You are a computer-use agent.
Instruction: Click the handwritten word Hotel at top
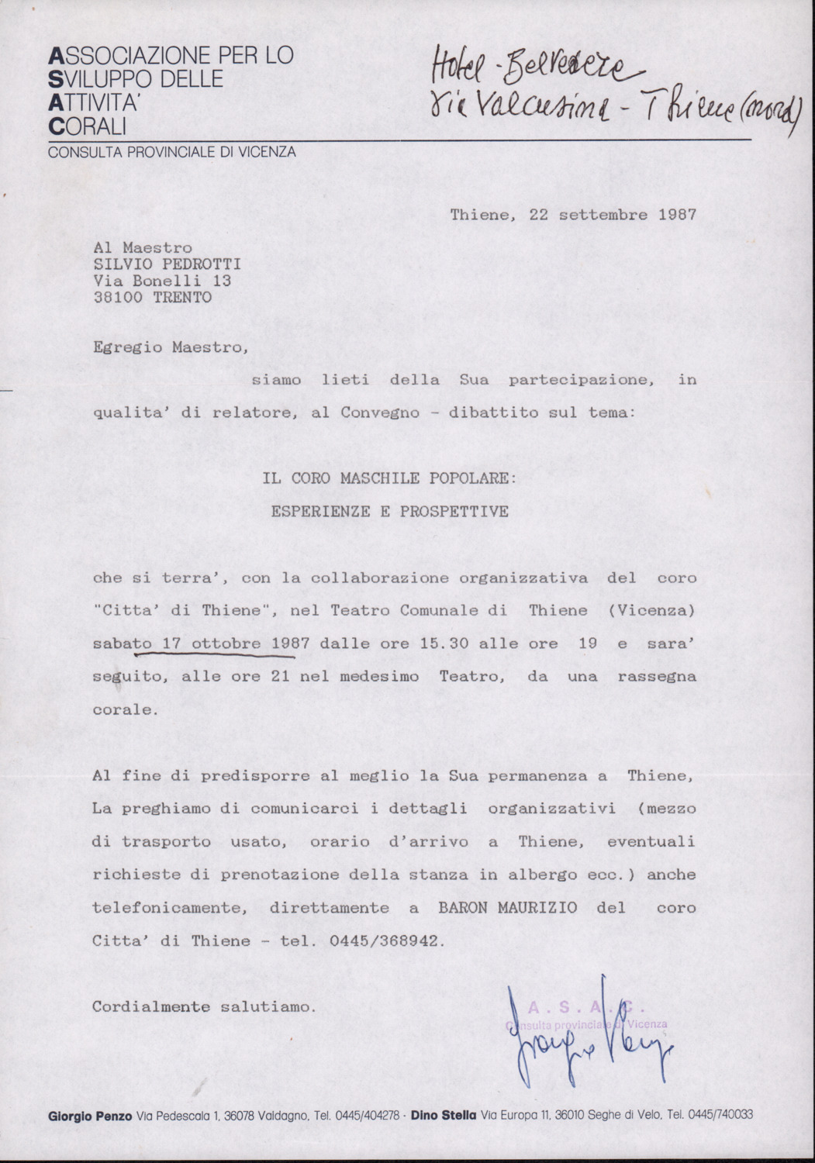click(455, 75)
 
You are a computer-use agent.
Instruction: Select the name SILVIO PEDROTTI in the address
click(167, 264)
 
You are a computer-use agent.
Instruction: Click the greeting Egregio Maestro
click(170, 347)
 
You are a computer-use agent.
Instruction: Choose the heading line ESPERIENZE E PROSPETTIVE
click(389, 512)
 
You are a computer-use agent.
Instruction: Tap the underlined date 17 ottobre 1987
click(236, 644)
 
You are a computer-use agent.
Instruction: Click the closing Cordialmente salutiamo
click(204, 1007)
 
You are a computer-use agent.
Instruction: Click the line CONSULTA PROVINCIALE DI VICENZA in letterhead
click(171, 153)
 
